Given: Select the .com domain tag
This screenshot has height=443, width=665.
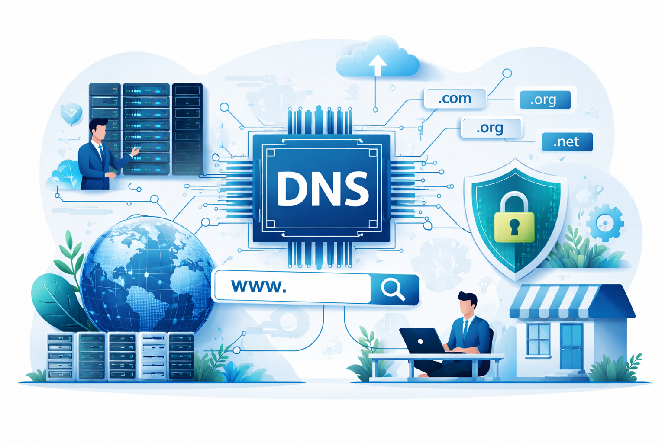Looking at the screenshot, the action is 455,99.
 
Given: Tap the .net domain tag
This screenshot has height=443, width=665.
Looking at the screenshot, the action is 567,142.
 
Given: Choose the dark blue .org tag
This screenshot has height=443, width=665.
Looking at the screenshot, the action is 544,100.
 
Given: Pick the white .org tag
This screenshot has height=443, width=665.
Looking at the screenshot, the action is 490,128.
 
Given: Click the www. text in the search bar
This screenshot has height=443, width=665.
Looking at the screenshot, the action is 259,286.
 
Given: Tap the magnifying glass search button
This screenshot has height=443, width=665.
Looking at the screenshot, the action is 394,289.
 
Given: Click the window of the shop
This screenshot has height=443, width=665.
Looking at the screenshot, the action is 538,340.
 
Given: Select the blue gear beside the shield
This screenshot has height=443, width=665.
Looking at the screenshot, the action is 605,223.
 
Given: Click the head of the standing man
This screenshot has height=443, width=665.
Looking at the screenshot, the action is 99,129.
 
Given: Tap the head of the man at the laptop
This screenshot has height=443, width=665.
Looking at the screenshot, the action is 467,304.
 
